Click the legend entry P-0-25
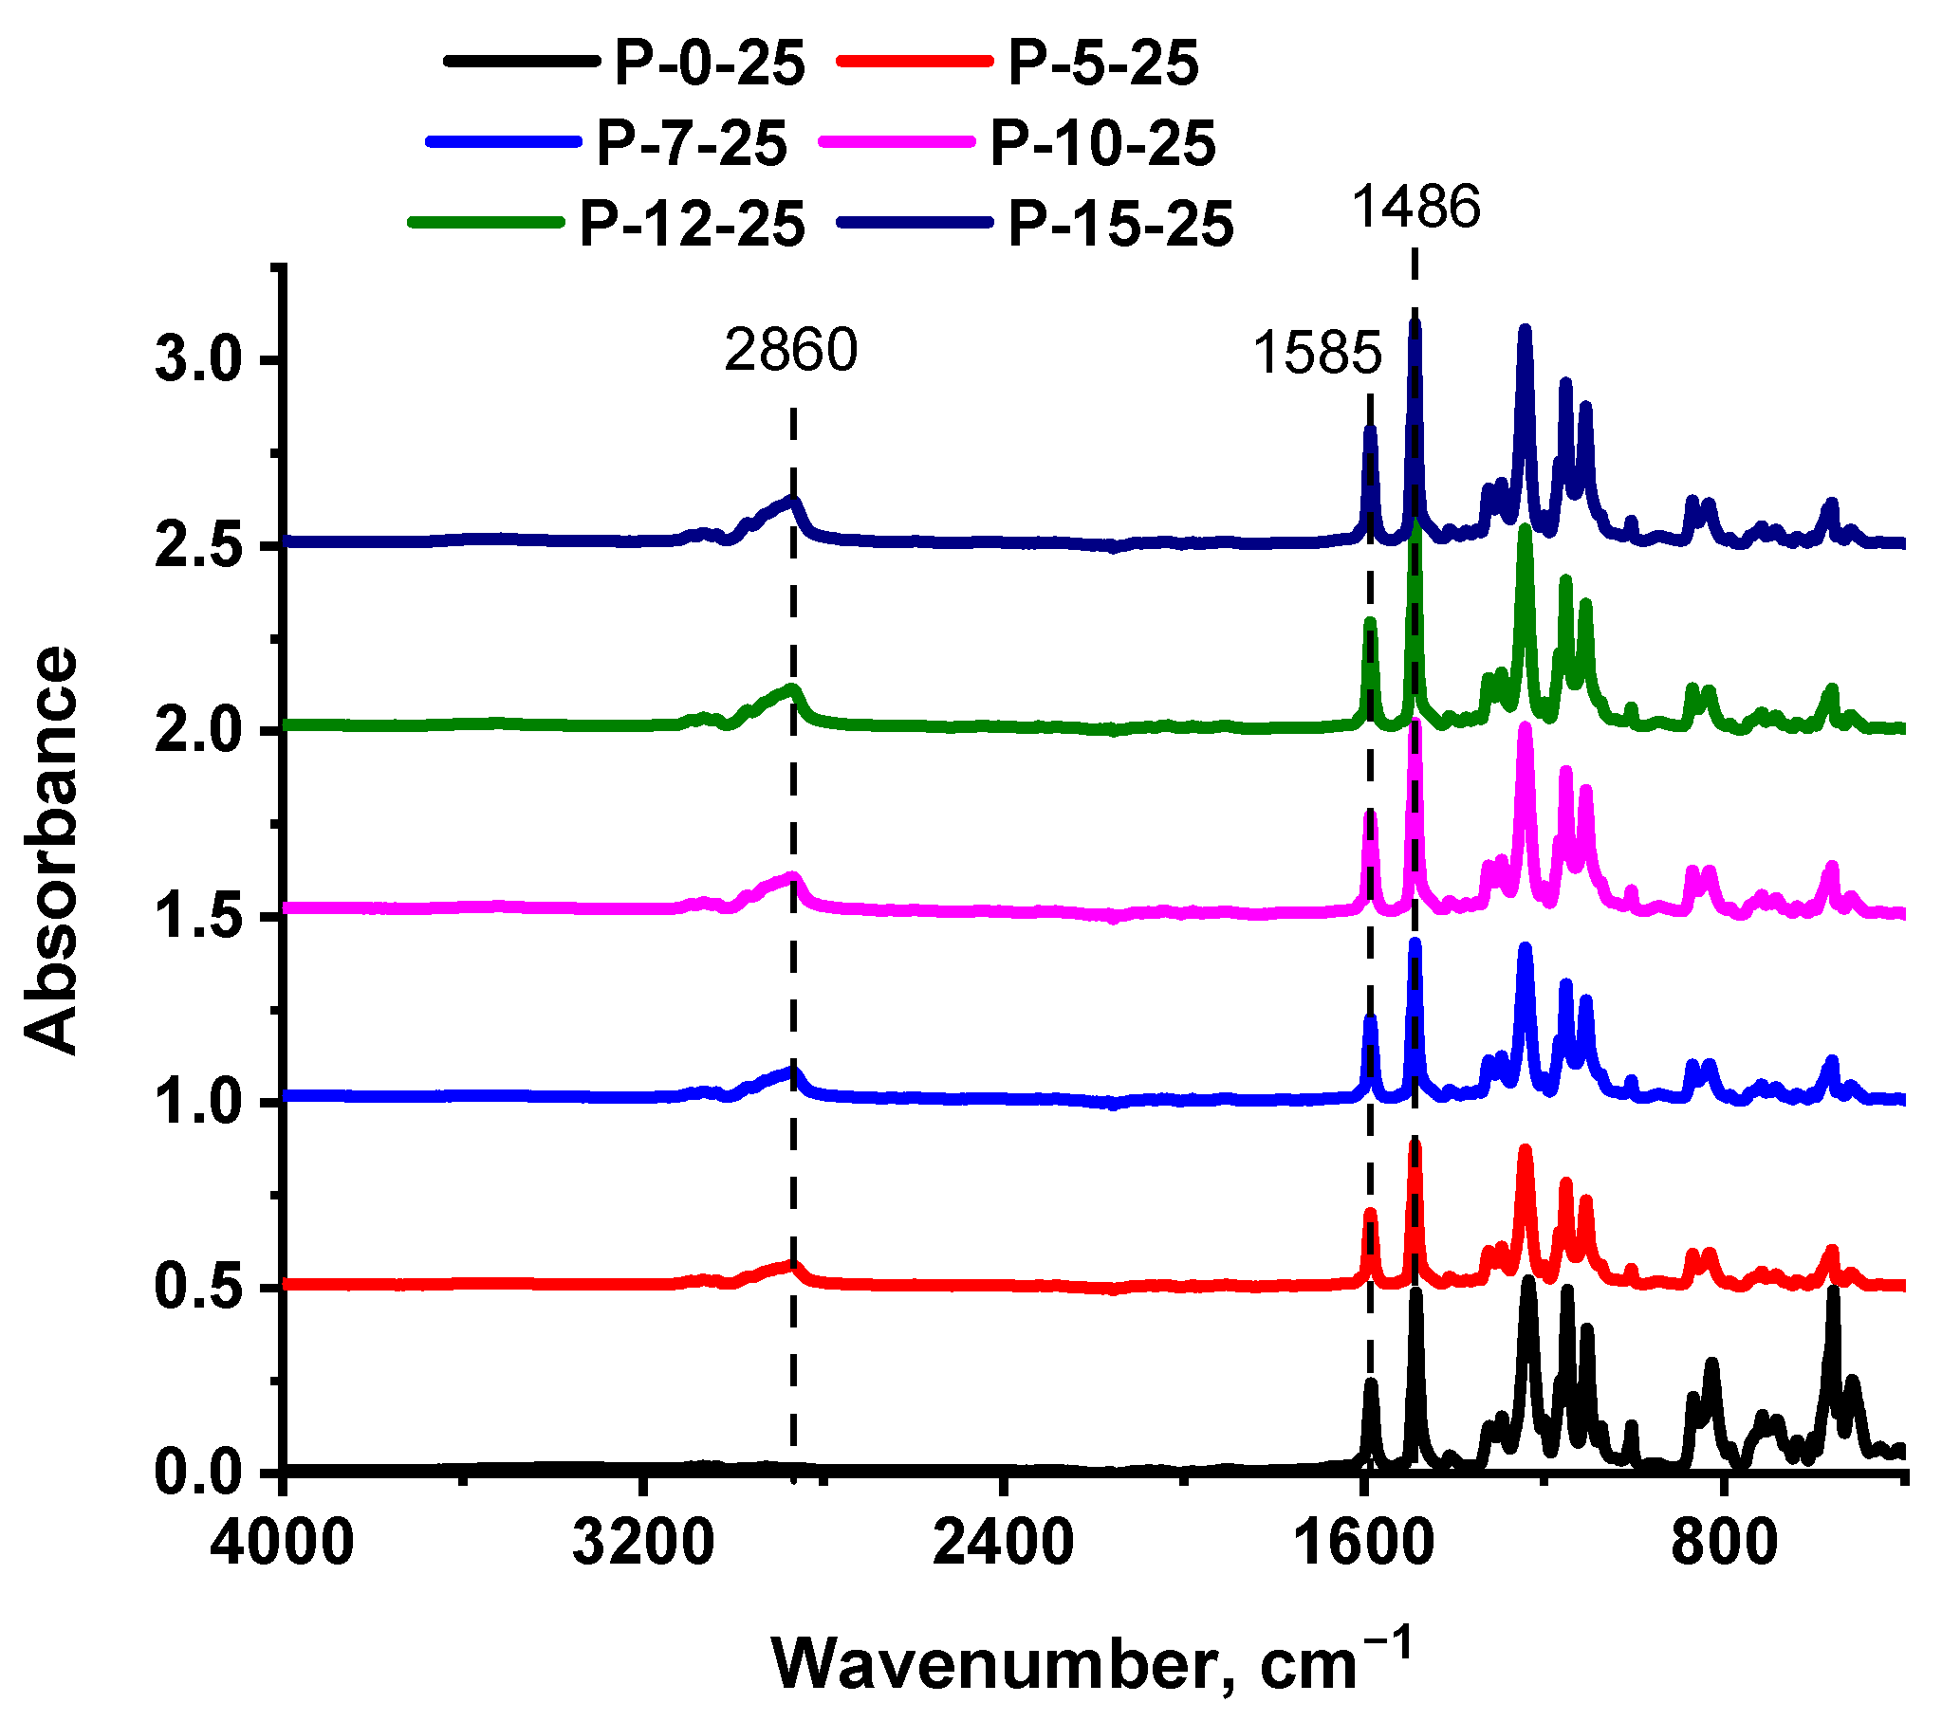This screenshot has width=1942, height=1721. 710,64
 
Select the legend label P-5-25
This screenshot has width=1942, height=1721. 1103,64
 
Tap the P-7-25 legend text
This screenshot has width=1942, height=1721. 692,144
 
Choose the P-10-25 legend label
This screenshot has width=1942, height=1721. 1103,144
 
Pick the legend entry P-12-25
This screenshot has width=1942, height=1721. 692,225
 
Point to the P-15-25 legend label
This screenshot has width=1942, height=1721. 1121,225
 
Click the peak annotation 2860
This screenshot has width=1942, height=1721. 791,351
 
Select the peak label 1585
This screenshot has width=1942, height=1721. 1317,354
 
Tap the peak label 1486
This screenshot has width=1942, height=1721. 1416,206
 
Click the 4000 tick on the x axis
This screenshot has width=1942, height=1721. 282,1544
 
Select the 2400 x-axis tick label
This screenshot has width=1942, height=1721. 1003,1544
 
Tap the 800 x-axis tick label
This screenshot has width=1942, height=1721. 1725,1544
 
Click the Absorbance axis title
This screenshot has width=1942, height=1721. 52,850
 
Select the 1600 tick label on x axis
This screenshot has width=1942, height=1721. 1363,1544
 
